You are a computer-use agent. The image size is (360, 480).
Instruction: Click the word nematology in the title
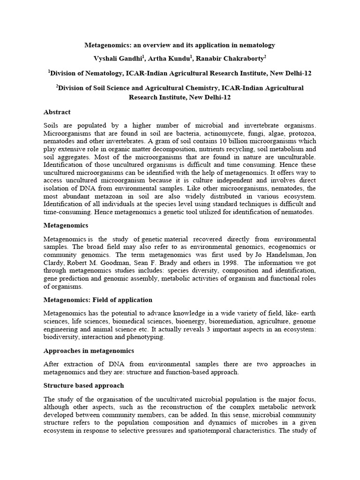click(257, 45)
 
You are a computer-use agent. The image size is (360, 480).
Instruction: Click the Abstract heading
click(57, 112)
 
